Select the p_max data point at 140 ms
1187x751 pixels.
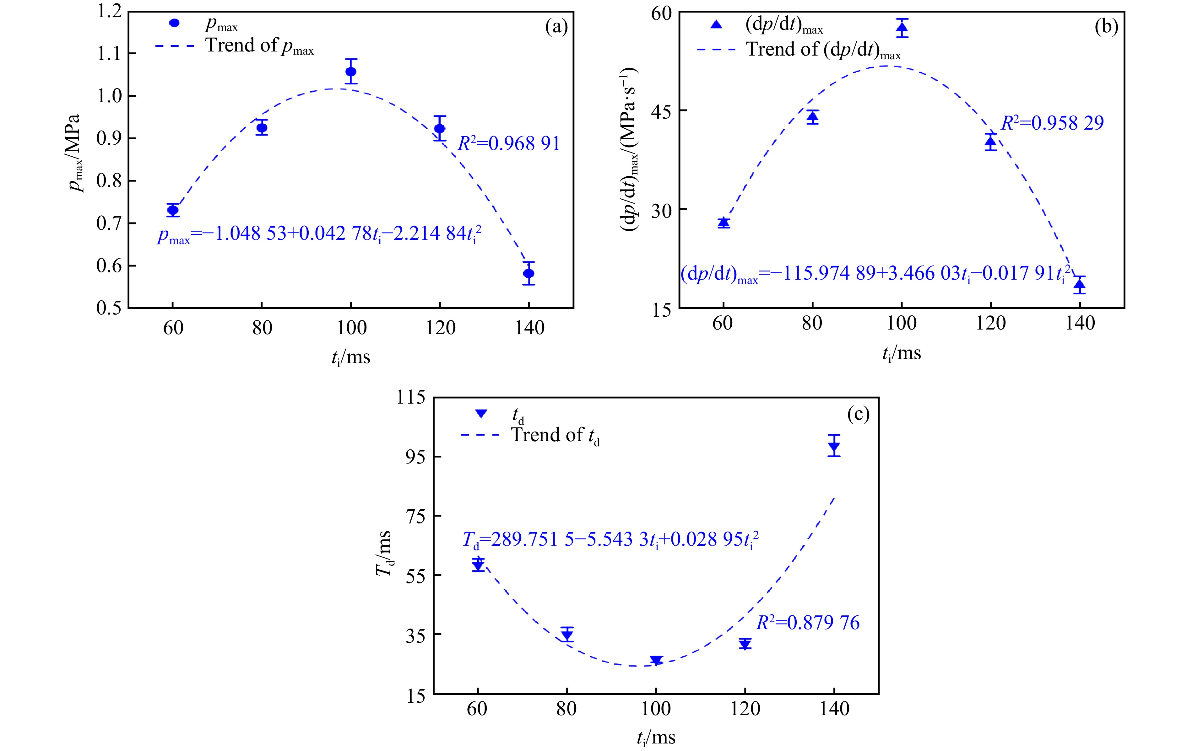coord(528,273)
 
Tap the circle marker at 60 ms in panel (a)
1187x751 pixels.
coord(172,210)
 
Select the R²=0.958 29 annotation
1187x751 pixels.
coord(1052,123)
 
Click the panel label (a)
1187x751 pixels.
coord(556,27)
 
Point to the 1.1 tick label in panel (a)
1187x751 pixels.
coord(109,53)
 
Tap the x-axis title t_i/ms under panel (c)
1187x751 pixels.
coord(656,737)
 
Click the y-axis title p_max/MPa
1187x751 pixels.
coord(74,153)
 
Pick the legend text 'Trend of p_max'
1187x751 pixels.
coord(259,46)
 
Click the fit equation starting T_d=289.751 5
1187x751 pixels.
coord(610,539)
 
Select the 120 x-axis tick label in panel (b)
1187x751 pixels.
coord(990,323)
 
